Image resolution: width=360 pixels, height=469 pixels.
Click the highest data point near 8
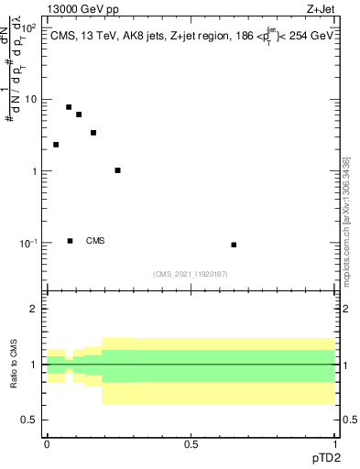point(69,107)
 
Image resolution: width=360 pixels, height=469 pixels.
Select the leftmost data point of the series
point(56,145)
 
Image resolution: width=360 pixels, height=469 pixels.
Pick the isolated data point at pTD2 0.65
point(235,245)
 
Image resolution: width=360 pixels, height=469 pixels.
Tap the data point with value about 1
point(118,170)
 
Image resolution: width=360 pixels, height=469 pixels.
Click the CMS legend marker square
point(71,241)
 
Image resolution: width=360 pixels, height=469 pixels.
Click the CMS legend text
point(95,241)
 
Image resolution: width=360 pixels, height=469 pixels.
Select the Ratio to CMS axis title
point(14,365)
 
